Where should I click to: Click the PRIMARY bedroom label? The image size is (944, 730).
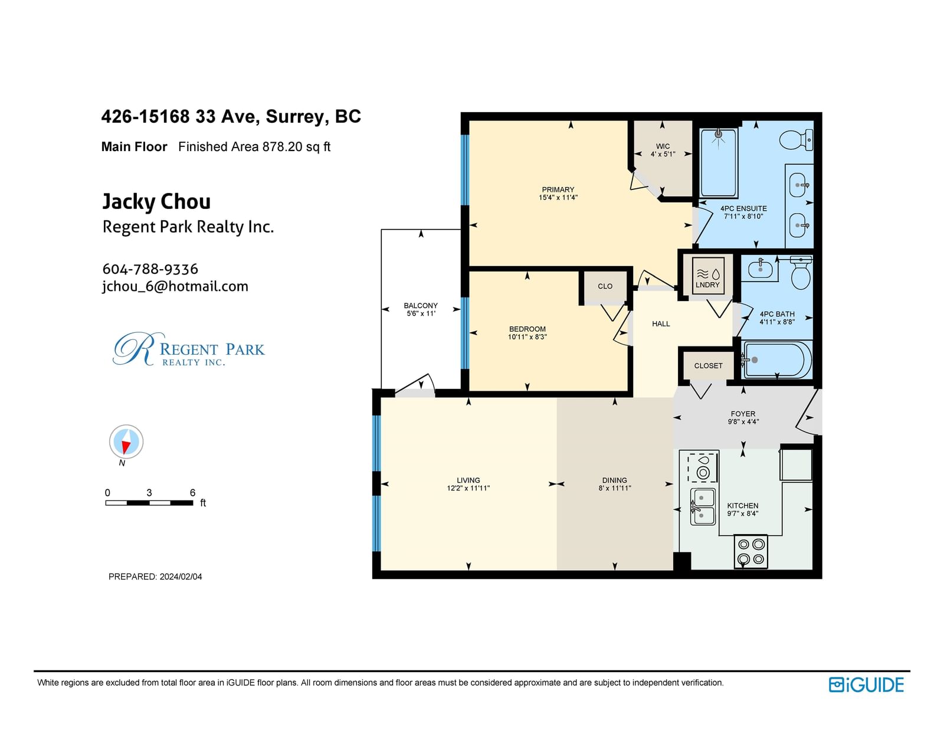point(558,189)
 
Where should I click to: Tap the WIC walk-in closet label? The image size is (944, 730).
point(663,146)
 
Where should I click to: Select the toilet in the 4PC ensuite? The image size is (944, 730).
point(796,140)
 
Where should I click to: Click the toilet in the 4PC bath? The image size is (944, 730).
point(801,273)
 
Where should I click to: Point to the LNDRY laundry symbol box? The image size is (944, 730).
point(707,276)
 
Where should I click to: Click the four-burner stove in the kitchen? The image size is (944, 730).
point(750,551)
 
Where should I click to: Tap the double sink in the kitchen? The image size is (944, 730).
point(703,507)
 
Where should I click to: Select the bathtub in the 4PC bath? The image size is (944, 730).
point(776,360)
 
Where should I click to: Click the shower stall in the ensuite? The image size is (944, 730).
point(718,163)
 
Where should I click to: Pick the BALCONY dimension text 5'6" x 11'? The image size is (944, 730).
point(421,313)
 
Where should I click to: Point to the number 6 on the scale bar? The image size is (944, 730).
point(192,493)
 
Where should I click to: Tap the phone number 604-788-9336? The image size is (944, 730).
point(150,269)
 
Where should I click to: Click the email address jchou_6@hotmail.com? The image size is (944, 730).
point(175,287)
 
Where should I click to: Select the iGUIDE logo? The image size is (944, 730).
point(866,685)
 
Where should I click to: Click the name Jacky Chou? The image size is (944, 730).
point(156,202)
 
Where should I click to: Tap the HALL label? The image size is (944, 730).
point(661,324)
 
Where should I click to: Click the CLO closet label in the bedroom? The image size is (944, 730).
point(605,286)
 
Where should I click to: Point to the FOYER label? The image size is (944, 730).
point(743,414)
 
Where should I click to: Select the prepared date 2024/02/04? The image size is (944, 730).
point(181,577)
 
